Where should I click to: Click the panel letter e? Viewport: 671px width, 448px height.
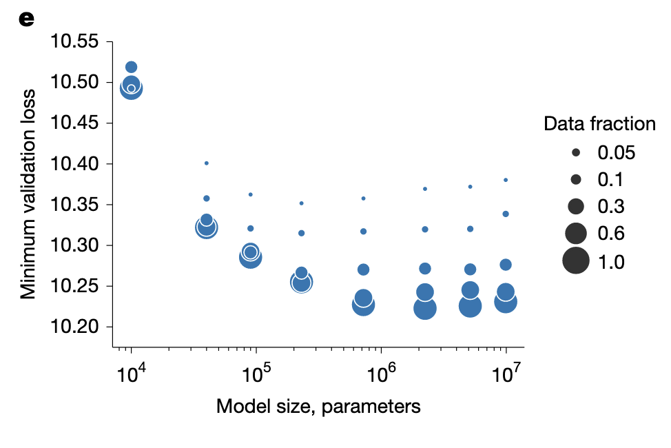pos(27,19)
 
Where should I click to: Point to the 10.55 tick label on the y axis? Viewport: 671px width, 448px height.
pos(74,41)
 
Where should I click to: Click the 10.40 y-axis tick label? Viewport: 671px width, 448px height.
pos(74,163)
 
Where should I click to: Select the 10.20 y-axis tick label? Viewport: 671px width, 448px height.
pos(74,327)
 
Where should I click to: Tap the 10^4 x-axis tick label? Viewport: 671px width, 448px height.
pos(132,373)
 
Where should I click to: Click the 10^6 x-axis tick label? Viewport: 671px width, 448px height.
pos(381,373)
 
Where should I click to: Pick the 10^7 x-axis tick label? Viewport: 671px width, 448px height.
pos(506,373)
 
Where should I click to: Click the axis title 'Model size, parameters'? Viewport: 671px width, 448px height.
pos(318,406)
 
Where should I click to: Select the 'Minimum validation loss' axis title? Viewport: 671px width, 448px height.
pos(28,194)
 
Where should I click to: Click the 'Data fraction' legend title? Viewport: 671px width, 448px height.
pos(599,124)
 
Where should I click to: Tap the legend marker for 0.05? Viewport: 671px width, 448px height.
pos(575,152)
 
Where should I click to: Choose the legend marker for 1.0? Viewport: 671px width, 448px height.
pos(575,261)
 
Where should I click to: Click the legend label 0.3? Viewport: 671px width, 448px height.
pos(611,207)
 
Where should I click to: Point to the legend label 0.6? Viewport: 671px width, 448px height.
pos(611,234)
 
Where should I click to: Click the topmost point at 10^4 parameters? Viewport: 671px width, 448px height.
pos(132,68)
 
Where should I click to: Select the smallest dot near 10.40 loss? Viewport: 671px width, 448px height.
pos(207,163)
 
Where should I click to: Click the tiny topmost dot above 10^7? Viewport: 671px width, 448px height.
pos(506,181)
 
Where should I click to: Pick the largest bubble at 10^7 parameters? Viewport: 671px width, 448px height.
pos(506,302)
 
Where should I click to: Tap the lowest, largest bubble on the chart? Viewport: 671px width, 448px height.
pos(425,308)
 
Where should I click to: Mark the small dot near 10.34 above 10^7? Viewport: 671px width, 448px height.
pos(506,214)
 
